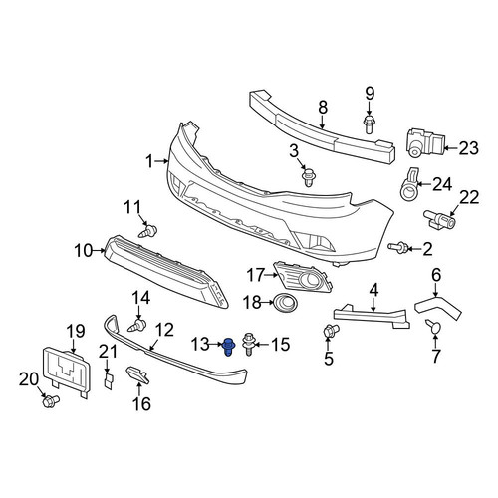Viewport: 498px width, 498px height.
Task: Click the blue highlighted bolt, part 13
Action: click(228, 347)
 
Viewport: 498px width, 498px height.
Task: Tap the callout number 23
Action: click(469, 148)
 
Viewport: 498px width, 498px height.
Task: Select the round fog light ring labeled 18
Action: click(286, 304)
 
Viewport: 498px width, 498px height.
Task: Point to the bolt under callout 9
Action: click(369, 124)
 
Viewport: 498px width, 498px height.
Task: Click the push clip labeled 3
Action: click(309, 177)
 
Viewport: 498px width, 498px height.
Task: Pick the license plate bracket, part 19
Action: click(66, 372)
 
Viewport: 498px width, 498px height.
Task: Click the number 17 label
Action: click(256, 275)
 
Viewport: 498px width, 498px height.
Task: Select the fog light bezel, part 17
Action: click(303, 279)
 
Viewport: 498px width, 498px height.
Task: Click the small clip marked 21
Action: click(109, 380)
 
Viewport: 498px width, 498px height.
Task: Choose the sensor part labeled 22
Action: click(439, 219)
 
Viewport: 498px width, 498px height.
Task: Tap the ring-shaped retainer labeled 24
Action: click(409, 186)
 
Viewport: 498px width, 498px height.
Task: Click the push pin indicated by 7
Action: click(433, 326)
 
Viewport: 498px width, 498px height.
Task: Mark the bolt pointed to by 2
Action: click(397, 246)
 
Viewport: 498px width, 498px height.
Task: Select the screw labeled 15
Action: click(249, 344)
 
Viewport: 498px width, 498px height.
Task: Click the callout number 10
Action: click(84, 251)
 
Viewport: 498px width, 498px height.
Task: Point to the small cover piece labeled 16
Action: click(137, 374)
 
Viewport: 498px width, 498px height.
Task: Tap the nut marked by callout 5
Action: click(331, 331)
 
